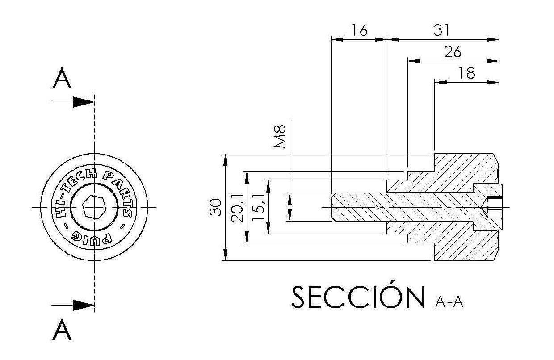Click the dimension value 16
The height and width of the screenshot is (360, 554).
[x=359, y=30]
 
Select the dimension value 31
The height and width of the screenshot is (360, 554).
[x=441, y=30]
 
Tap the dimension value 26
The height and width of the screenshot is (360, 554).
[x=453, y=52]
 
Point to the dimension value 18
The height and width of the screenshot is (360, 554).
[x=467, y=73]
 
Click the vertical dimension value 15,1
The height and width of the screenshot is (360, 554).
[x=258, y=207]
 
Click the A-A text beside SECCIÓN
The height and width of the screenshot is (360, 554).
[x=449, y=303]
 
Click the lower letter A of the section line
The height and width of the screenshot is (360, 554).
[x=62, y=331]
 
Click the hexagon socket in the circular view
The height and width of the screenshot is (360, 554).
[x=94, y=207]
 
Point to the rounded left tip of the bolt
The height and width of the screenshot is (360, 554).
[x=332, y=207]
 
